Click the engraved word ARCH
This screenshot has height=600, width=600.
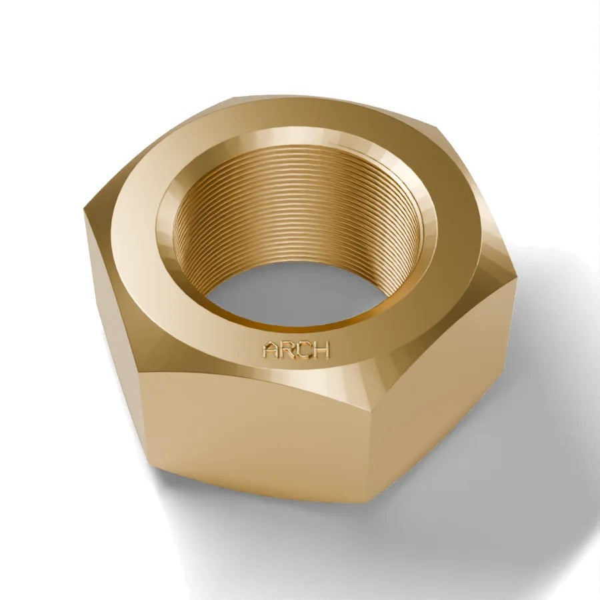click(x=295, y=350)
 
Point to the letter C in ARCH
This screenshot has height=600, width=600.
click(x=304, y=350)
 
